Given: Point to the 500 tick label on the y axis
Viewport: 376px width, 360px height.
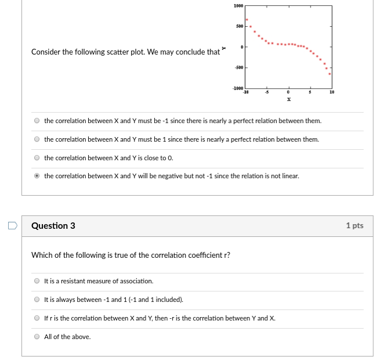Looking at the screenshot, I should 239,26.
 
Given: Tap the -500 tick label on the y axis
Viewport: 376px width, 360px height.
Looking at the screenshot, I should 238,67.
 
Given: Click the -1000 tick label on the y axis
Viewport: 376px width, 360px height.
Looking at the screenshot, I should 237,88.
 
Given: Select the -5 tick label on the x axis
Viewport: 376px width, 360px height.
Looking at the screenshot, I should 267,92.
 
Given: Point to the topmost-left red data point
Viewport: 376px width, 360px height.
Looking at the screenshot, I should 247,19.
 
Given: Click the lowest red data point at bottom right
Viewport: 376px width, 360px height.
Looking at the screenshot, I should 330,74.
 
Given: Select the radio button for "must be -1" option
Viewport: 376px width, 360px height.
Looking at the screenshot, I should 37,121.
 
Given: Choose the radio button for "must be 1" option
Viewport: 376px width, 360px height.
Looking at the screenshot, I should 37,139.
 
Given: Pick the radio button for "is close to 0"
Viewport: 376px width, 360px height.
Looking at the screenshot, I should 37,158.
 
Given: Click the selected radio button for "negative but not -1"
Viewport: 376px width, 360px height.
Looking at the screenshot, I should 37,176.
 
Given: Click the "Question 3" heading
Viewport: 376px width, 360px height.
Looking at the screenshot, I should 53,226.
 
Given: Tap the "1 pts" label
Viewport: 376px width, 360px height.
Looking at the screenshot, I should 354,226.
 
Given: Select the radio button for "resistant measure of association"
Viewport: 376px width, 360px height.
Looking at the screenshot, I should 37,281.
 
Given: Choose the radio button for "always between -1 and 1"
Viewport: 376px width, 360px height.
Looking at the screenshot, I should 37,300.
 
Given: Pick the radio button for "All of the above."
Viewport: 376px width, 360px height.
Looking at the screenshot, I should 37,337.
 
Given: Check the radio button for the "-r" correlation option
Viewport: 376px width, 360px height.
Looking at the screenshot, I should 37,318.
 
